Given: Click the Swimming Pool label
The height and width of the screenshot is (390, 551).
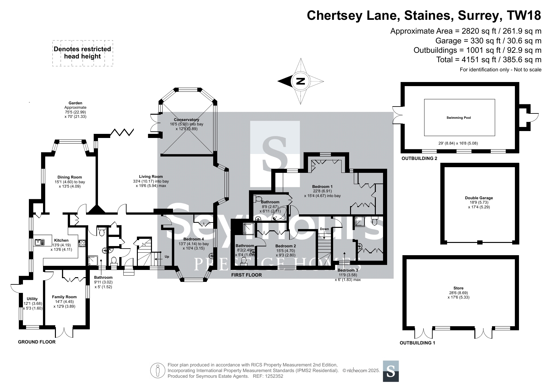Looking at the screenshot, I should coord(459,118).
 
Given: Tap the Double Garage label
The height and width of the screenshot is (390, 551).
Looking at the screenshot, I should coord(479,198).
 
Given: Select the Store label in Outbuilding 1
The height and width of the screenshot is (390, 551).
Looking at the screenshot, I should coord(458,288).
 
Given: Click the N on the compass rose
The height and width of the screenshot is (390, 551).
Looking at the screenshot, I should coord(300,81).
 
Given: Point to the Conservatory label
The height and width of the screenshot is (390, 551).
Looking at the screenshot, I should coord(186,120).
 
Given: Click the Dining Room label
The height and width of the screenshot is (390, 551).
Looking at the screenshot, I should coord(70,177).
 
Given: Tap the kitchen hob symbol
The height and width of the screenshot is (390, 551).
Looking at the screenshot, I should coord(82,243).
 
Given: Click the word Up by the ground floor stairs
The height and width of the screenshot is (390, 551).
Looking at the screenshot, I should coord(167,257).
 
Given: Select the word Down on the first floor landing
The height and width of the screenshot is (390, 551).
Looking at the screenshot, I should coord(324,229).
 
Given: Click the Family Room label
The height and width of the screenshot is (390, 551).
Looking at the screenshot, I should coord(64,297).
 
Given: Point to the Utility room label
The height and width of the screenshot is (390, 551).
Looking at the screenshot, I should coord(32,299).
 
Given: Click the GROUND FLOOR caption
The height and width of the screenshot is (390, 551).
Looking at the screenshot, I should coord(37,342).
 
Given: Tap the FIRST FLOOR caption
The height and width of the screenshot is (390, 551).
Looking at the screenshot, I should coord(246,275).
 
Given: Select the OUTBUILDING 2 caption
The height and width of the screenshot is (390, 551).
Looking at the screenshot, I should coord(419,158).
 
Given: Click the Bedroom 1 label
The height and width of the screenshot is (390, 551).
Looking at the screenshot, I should coord(322,187).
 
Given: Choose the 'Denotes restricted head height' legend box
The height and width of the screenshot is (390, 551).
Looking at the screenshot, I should coord(82,53).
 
